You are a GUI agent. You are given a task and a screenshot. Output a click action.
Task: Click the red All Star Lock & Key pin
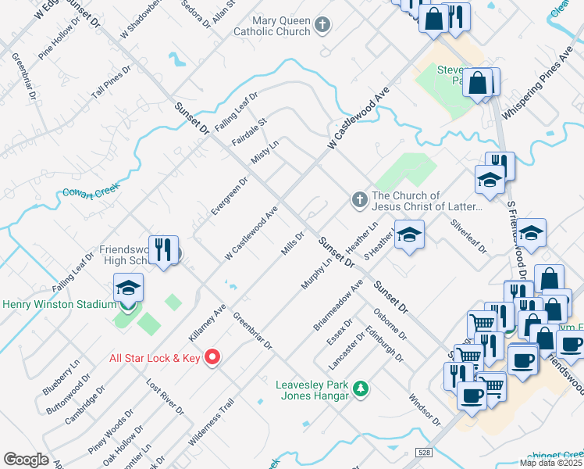click(x=212, y=358)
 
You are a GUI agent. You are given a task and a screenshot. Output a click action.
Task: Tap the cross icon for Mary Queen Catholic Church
click(x=322, y=27)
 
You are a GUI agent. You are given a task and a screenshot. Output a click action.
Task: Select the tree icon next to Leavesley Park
click(x=360, y=388)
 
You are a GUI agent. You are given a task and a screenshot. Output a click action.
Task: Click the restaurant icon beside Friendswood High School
click(x=163, y=250)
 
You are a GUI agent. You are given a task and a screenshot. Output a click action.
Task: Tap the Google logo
click(x=27, y=460)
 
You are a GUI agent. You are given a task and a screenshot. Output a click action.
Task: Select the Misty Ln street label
click(x=265, y=150)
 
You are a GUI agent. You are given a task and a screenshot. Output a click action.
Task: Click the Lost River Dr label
click(x=165, y=398)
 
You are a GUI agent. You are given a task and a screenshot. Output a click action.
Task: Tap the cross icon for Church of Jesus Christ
click(x=359, y=200)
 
